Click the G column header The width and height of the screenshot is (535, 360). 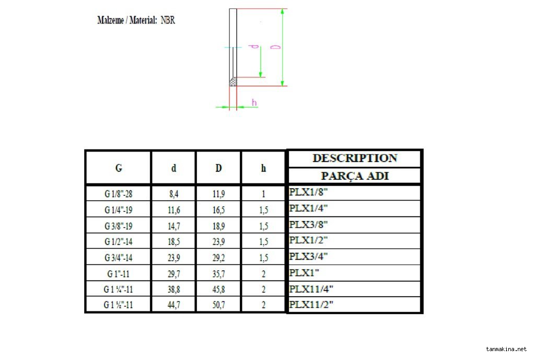(119, 168)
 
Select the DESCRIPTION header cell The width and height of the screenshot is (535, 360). (355, 158)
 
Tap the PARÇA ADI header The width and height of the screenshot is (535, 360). (355, 176)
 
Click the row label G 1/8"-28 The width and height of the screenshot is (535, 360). (118, 194)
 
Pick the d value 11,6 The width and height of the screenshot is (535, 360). (173, 210)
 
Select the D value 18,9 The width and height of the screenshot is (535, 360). (218, 226)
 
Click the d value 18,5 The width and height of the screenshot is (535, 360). (173, 241)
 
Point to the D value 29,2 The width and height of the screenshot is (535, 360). (218, 258)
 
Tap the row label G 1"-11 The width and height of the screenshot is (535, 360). (118, 274)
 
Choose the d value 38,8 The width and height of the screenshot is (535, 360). (173, 289)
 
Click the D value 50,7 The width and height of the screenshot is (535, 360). (218, 305)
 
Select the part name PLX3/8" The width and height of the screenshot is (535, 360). (308, 225)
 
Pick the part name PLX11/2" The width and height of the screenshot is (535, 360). (311, 304)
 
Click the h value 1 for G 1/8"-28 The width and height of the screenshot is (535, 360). (263, 194)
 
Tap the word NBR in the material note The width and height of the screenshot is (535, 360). (168, 20)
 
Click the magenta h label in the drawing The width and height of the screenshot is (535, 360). (254, 102)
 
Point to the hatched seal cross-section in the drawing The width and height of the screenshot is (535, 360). (234, 82)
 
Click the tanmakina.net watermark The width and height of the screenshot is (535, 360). (506, 349)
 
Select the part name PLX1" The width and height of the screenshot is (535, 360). (304, 273)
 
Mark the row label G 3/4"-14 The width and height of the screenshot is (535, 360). (118, 258)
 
